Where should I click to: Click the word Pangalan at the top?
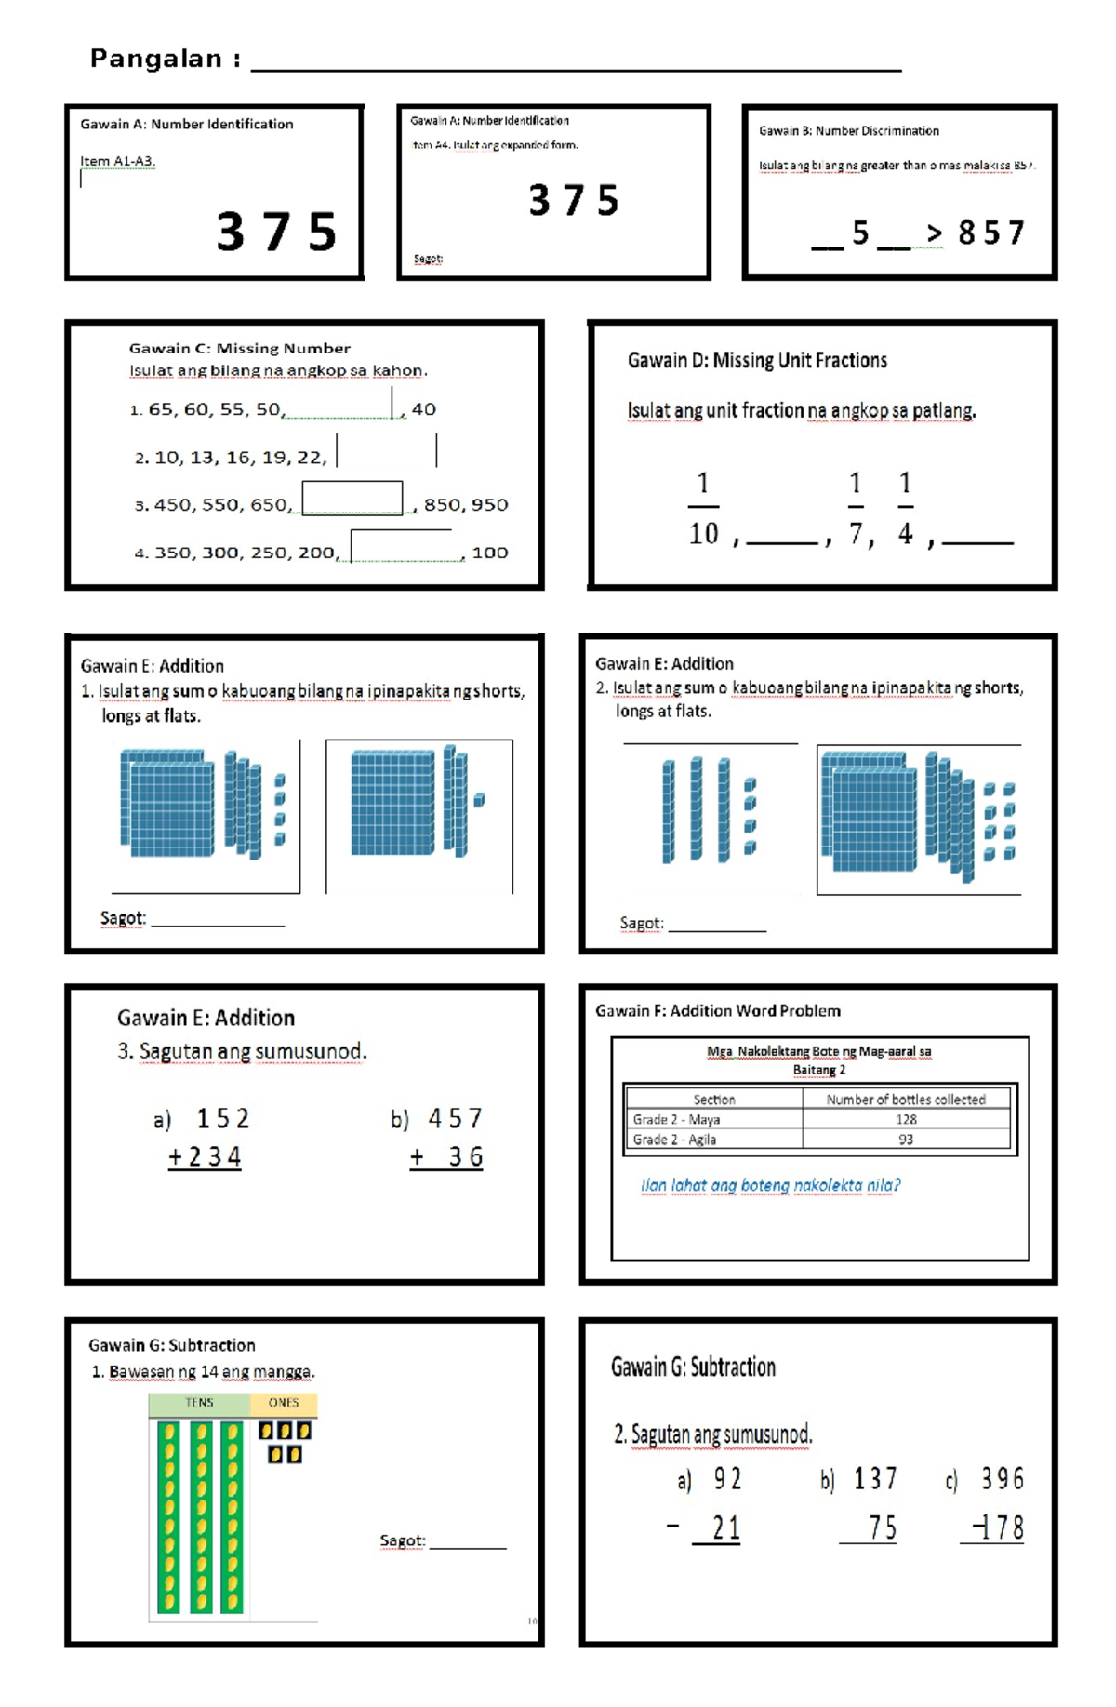[155, 59]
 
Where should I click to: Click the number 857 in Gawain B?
[990, 233]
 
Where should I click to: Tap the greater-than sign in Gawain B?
[934, 233]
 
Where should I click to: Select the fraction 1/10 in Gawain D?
[703, 508]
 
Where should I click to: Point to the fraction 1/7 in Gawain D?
[856, 508]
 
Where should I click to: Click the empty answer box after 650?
[352, 499]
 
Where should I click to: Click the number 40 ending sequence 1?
[423, 409]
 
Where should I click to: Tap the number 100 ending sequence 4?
[489, 553]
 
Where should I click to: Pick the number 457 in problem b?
[455, 1118]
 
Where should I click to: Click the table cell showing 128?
[906, 1119]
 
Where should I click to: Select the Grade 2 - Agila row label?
[674, 1140]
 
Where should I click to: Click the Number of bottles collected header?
[905, 1100]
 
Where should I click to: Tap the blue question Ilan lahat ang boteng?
[769, 1185]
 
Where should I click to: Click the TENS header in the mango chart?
[199, 1403]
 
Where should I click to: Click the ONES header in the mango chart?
[284, 1403]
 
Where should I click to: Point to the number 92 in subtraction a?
[727, 1478]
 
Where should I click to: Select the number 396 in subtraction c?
[1002, 1478]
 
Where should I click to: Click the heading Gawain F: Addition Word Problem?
[717, 1011]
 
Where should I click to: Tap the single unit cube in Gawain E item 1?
[479, 800]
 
